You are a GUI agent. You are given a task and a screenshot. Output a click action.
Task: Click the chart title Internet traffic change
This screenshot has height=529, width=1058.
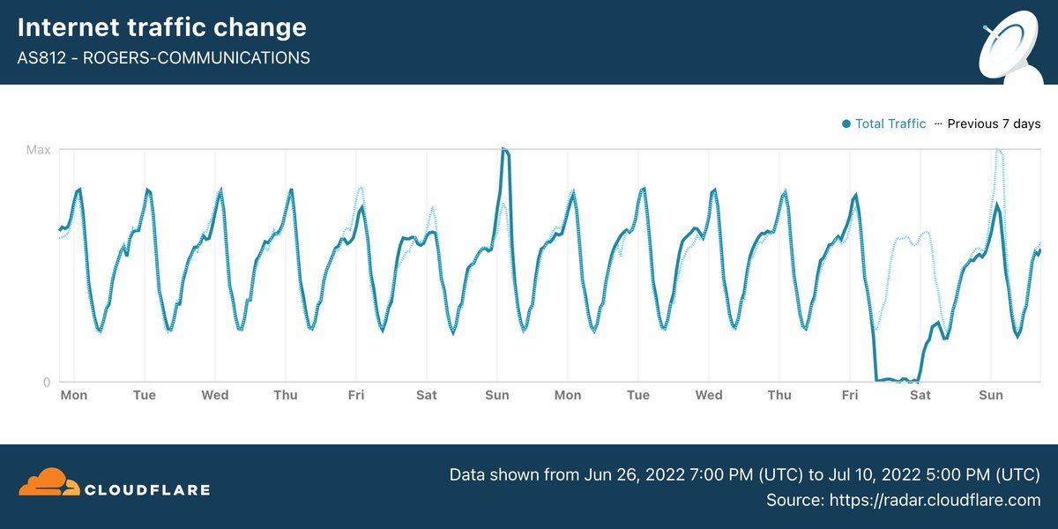[x=162, y=27]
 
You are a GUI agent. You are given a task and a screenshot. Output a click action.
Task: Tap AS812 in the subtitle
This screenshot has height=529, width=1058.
[x=41, y=58]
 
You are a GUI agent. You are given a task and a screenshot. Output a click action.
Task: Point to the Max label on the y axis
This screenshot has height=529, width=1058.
[x=38, y=150]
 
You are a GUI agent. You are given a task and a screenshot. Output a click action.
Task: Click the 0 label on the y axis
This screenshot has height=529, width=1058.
[x=47, y=382]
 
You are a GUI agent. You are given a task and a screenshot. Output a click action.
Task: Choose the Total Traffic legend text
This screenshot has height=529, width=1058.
[x=890, y=123]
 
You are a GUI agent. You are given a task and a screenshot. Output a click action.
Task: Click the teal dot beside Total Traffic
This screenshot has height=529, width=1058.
[x=847, y=123]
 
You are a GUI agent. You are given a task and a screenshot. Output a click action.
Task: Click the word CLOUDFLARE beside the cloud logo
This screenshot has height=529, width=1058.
[x=146, y=488]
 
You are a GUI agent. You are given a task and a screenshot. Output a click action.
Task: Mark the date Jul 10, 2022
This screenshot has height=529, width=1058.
[x=861, y=475]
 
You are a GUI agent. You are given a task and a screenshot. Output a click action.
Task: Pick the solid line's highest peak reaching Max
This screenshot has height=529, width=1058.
[x=503, y=150]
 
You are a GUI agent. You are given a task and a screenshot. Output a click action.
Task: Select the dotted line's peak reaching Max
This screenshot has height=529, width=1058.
[x=998, y=151]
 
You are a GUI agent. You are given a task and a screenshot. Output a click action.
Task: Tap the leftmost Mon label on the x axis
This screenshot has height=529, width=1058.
[x=74, y=395]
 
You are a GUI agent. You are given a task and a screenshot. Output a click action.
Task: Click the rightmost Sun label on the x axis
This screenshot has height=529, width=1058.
[x=991, y=395]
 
